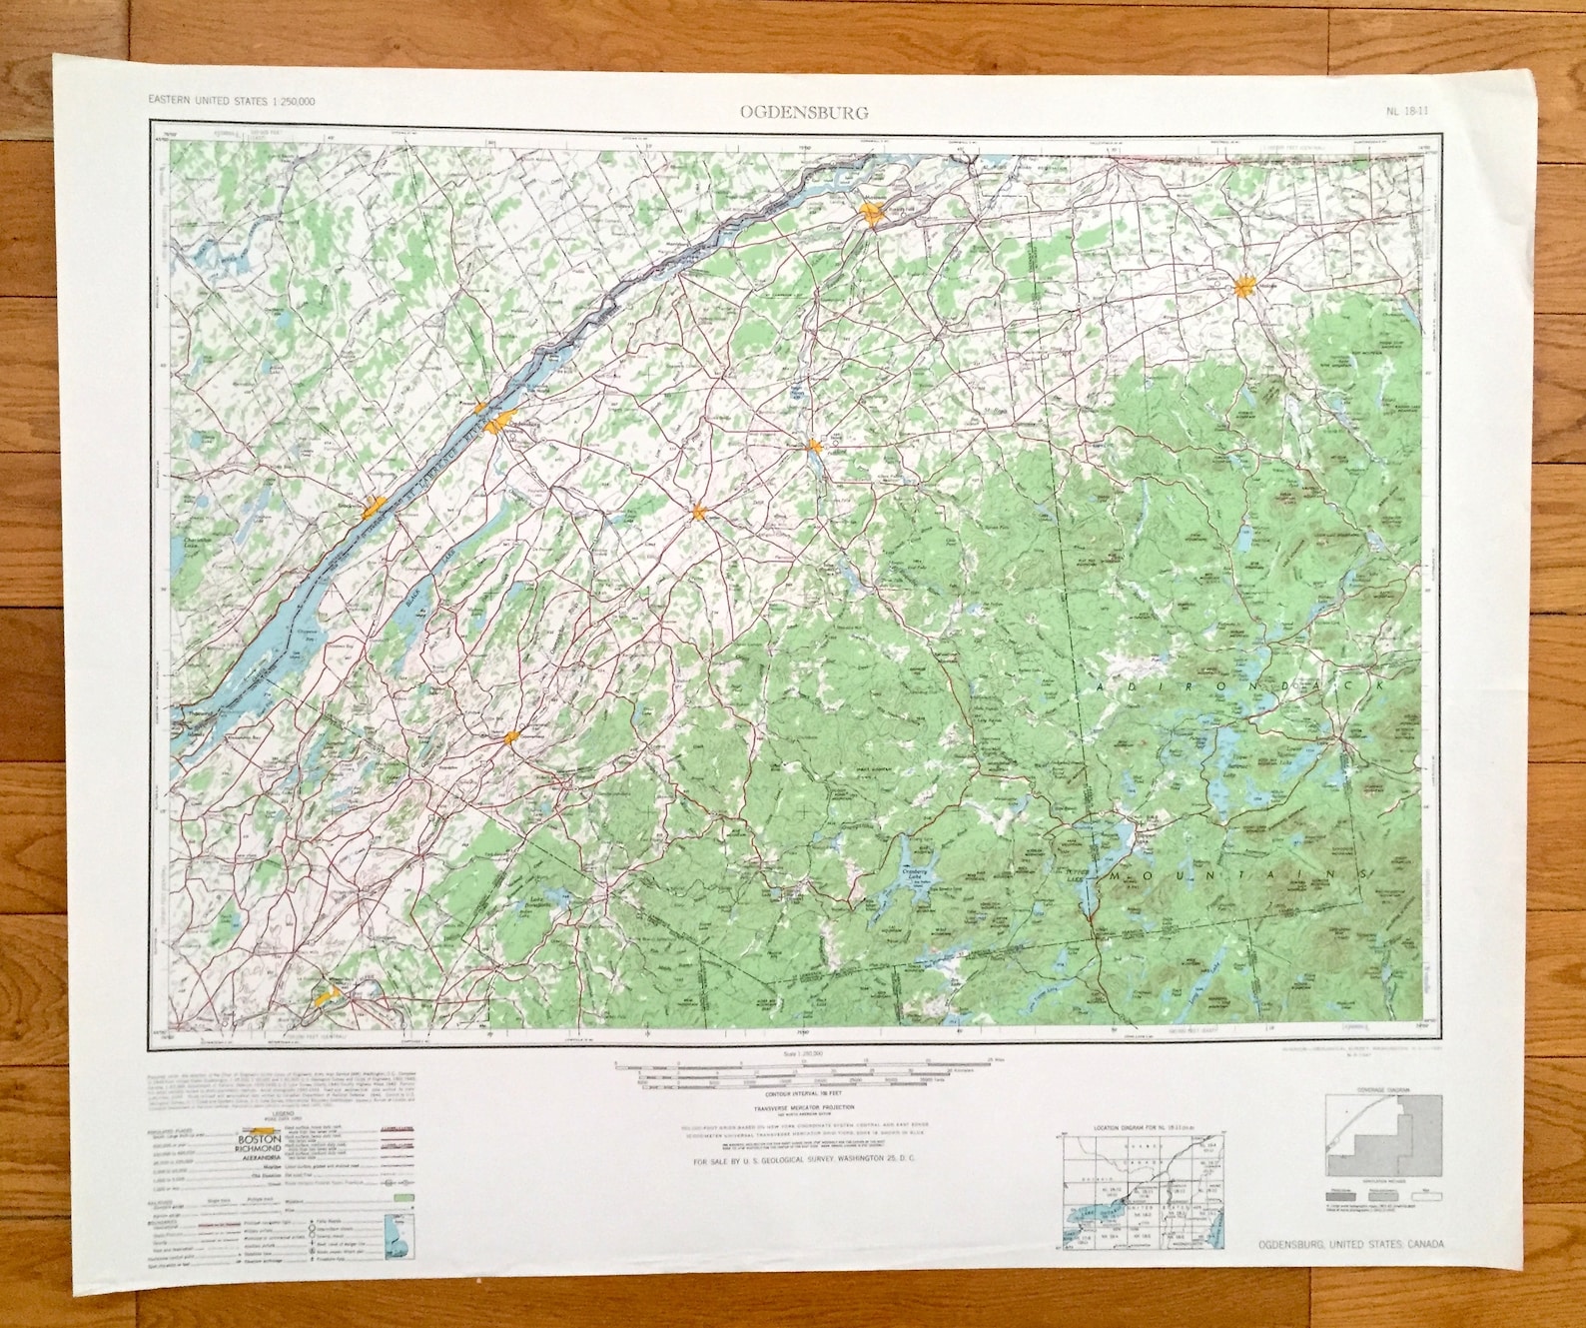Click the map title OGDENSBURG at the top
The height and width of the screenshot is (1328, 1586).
pyautogui.click(x=804, y=112)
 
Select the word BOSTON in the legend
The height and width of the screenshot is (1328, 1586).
pyautogui.click(x=259, y=1139)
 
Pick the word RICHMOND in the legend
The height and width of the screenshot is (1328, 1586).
pyautogui.click(x=259, y=1149)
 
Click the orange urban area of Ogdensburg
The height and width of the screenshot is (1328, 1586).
pyautogui.click(x=501, y=421)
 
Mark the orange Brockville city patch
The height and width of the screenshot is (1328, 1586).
pyautogui.click(x=375, y=507)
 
